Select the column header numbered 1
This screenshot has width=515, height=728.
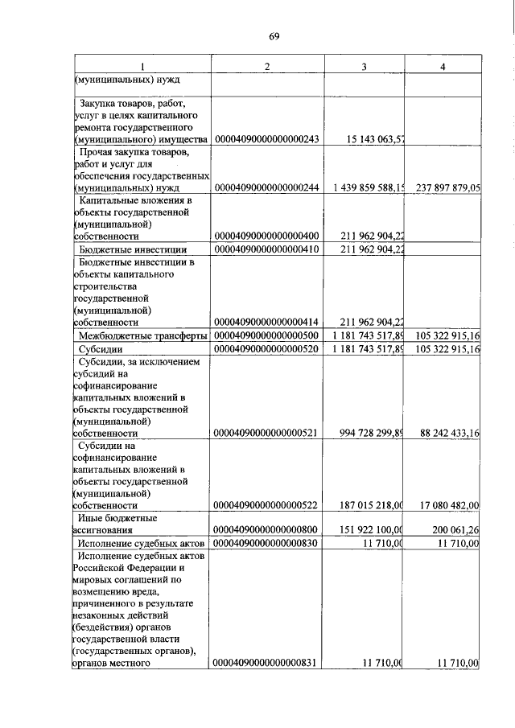pos(142,66)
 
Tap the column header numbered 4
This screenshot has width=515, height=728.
pos(443,66)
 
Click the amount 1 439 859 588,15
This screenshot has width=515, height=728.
pos(368,187)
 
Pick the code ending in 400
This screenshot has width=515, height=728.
pos(268,236)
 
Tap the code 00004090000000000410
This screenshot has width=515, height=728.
pos(268,250)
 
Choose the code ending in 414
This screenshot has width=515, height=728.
pos(268,322)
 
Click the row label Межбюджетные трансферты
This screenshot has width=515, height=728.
pos(142,335)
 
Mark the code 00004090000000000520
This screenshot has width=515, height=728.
pos(268,350)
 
